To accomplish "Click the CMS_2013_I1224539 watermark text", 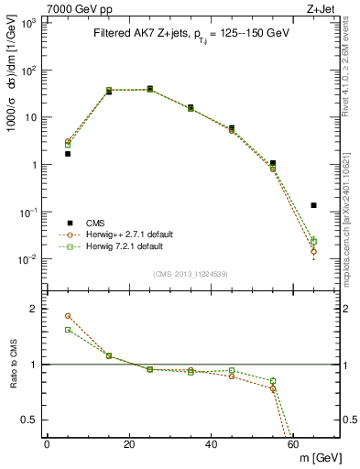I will [x=191, y=274].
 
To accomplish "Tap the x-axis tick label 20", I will [x=129, y=444].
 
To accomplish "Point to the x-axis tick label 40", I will [x=212, y=444].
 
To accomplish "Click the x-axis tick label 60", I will [x=294, y=444].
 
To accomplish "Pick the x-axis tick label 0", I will [x=47, y=444].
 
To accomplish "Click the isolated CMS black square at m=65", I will [x=314, y=205].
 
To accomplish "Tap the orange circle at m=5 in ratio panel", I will [x=68, y=316].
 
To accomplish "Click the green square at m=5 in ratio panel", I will [x=68, y=330].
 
